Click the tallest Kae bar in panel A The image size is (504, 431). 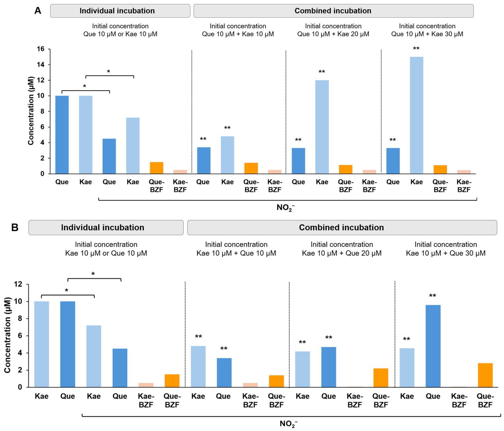coord(416,115)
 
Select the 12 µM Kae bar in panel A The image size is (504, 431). coord(322,127)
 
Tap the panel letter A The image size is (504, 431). coord(38,11)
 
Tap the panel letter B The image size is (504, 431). coord(15,227)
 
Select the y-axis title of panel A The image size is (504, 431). coord(31,111)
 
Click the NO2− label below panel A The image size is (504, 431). coord(285,208)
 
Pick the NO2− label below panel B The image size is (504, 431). coord(289,424)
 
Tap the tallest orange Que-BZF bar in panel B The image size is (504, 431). coord(485,375)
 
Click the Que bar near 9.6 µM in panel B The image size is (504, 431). coord(433,346)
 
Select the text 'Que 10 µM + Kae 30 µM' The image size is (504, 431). coord(427,34)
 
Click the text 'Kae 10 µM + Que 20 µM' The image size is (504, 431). coord(341,253)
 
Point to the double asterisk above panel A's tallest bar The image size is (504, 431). coord(416,48)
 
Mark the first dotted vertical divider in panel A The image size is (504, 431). coord(192,112)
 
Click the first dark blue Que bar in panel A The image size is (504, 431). coord(62,134)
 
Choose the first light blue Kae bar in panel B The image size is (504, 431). coord(42,344)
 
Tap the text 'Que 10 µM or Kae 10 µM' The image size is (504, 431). coord(120,34)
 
